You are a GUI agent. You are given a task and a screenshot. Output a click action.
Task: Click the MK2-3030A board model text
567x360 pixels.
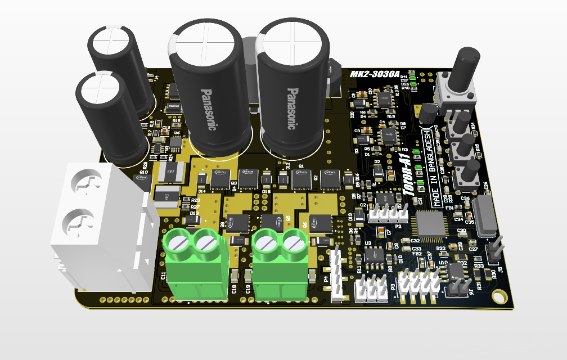(374, 74)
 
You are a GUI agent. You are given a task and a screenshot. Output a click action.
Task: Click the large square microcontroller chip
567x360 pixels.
(429, 223)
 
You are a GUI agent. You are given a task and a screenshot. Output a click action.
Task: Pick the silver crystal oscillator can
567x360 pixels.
(485, 214)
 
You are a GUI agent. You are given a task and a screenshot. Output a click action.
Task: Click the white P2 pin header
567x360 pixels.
(388, 214)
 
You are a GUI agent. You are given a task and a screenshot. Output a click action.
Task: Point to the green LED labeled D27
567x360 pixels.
(413, 80)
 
